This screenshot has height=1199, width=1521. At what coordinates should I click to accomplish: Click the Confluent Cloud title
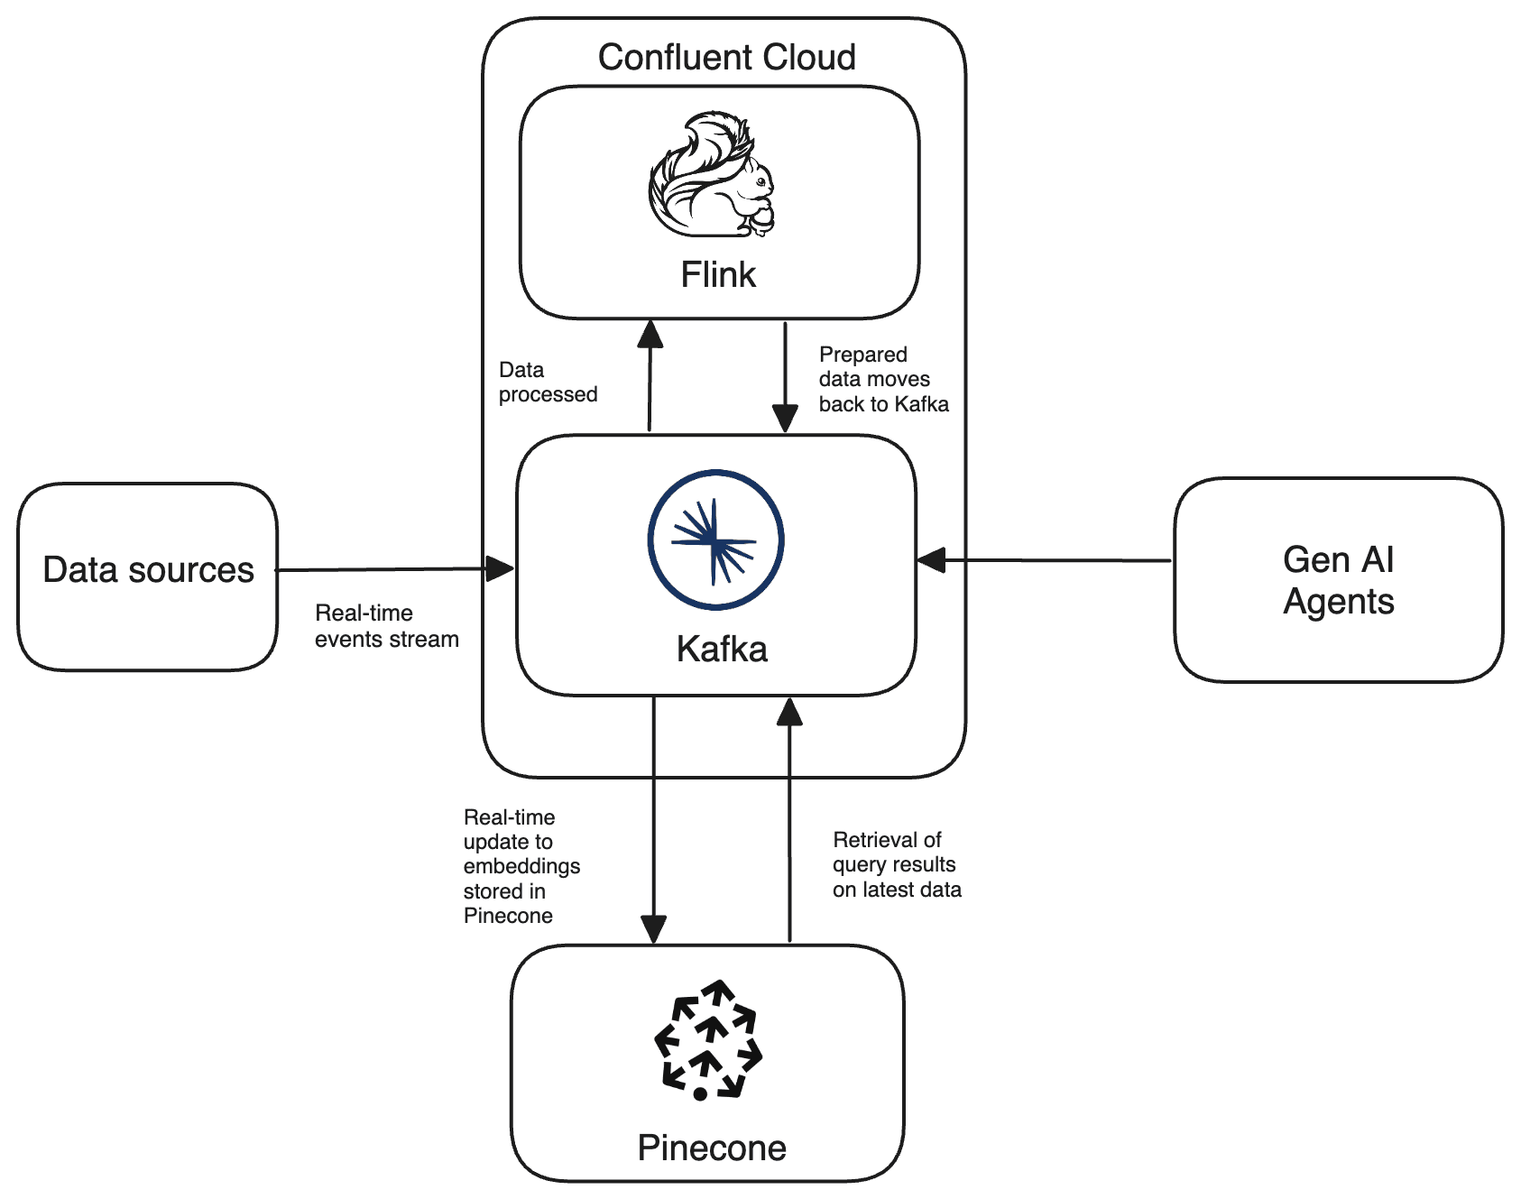click(x=726, y=57)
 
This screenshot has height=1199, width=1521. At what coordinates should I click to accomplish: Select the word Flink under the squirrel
click(x=718, y=274)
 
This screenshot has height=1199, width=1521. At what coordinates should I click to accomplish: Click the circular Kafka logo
click(x=715, y=540)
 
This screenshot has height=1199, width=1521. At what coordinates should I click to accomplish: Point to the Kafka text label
click(x=722, y=649)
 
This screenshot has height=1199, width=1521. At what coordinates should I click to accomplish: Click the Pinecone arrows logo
click(x=708, y=1039)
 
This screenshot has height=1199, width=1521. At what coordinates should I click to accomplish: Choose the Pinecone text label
click(x=712, y=1148)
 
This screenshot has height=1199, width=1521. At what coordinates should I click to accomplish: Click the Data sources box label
click(x=149, y=569)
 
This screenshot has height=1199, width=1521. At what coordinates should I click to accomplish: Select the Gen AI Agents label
click(x=1339, y=580)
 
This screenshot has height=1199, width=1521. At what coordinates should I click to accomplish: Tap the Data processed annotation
click(x=548, y=382)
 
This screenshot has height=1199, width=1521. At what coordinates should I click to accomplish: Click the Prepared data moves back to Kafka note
click(x=883, y=379)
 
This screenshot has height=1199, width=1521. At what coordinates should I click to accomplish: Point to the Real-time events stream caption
click(x=386, y=626)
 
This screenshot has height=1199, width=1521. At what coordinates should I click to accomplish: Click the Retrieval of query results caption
click(x=897, y=864)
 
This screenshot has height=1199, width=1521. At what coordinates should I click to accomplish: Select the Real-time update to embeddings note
click(x=521, y=866)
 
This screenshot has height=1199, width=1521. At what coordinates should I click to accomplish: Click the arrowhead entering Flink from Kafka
click(x=650, y=335)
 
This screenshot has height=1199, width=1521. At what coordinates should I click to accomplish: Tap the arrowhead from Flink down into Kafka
click(x=785, y=419)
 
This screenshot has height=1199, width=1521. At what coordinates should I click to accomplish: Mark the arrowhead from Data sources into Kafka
click(x=499, y=568)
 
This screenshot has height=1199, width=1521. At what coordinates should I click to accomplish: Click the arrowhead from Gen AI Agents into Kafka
click(x=932, y=560)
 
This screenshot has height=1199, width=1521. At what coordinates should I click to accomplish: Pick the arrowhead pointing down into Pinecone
click(x=653, y=928)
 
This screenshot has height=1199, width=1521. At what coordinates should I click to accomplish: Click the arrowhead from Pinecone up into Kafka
click(x=789, y=712)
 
